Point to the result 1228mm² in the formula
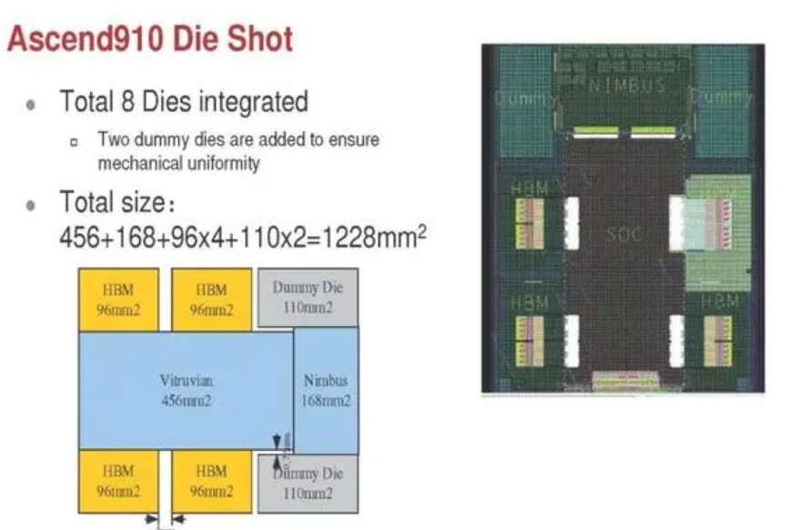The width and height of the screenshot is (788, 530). click(x=378, y=238)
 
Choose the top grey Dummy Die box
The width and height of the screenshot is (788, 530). click(x=308, y=299)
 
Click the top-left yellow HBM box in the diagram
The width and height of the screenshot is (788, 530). click(x=119, y=299)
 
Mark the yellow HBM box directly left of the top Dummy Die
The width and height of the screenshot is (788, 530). click(x=213, y=299)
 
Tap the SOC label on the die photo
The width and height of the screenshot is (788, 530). click(x=624, y=235)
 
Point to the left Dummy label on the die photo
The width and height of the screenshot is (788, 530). click(x=526, y=97)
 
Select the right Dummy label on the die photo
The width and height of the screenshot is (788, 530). click(x=723, y=97)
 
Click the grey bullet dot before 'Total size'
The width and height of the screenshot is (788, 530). click(x=31, y=202)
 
